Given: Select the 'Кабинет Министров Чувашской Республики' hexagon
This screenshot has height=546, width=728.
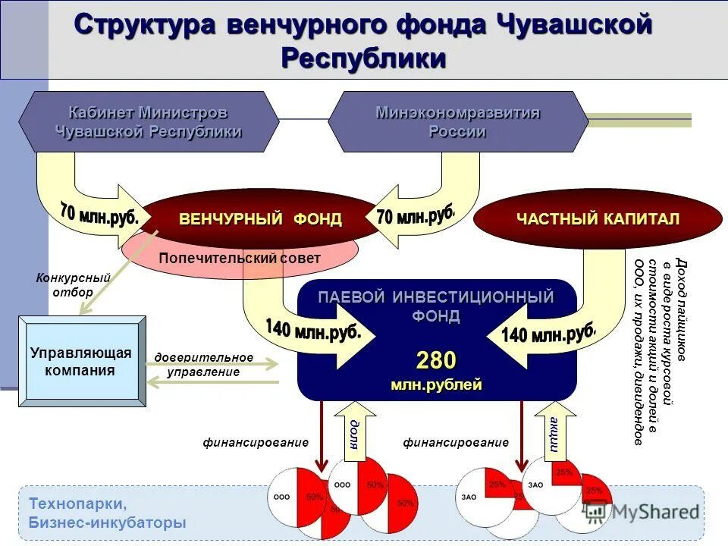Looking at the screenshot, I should (x=149, y=121).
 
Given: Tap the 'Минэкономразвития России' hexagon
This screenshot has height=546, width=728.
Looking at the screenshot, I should (x=457, y=121).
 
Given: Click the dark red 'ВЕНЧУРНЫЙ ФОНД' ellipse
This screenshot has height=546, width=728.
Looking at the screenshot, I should (x=260, y=219).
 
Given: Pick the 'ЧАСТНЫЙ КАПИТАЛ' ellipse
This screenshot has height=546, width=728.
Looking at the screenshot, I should (x=598, y=219).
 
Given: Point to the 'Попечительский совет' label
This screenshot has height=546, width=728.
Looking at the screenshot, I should (x=240, y=259).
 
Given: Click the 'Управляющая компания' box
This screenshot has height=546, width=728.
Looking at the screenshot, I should (x=81, y=362).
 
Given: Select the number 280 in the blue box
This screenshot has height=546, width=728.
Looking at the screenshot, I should (x=436, y=360).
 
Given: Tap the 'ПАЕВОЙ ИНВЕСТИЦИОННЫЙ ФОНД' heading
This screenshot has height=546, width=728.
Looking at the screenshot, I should (x=436, y=306).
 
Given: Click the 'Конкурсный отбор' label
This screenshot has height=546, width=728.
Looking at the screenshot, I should (x=74, y=285).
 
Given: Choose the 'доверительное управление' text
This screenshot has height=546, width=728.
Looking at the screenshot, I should (x=204, y=365).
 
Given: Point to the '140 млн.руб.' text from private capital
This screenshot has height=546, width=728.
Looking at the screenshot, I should (x=548, y=334).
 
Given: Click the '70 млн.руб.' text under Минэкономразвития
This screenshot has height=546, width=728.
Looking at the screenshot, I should (x=415, y=215).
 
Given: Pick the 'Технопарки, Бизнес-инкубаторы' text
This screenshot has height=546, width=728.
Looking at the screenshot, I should (x=107, y=513).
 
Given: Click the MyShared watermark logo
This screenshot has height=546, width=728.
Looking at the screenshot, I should (x=641, y=512).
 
